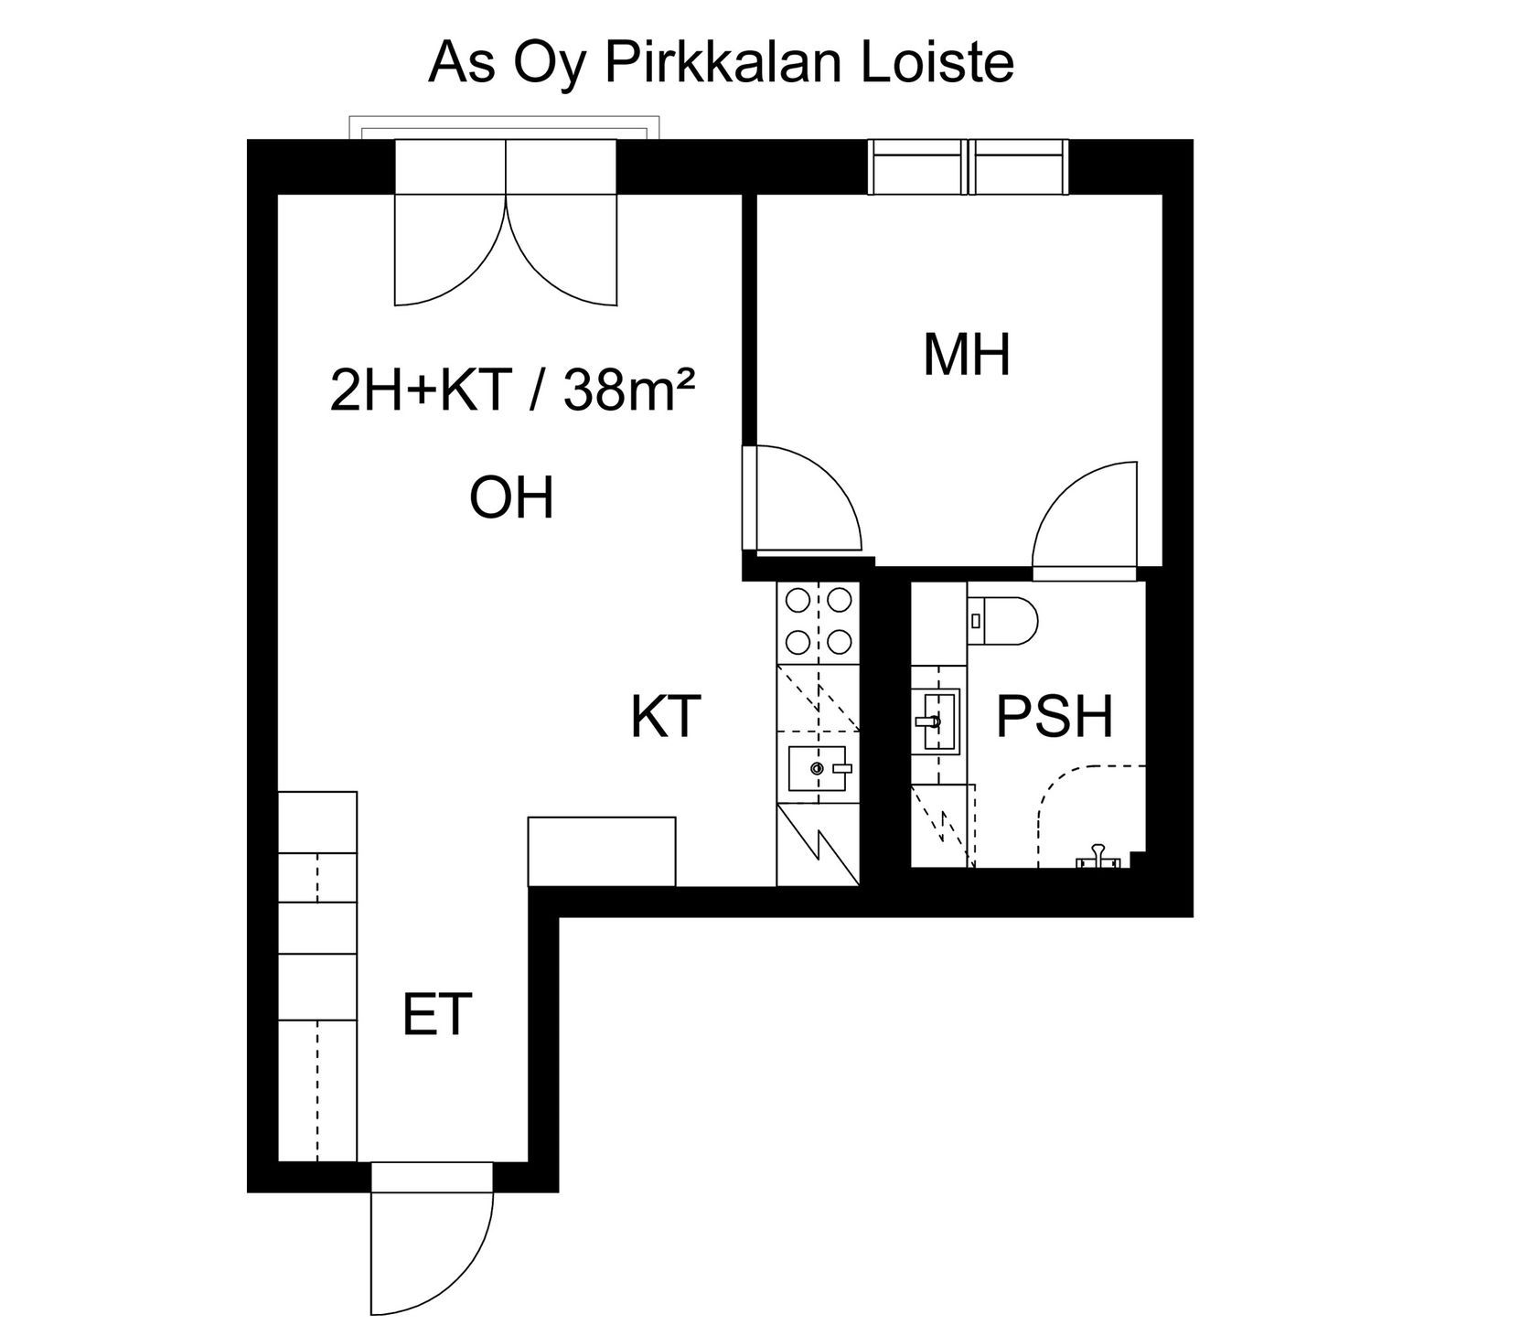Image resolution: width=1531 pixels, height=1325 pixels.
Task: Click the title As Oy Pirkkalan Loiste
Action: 721,62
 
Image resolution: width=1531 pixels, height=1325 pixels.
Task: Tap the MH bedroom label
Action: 967,356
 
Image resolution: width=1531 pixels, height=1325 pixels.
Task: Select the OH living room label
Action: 511,498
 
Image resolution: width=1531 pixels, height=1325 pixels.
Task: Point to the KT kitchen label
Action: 666,717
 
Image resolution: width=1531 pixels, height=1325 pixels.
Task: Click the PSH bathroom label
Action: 1054,717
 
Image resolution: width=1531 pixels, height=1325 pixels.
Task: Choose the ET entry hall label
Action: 437,1014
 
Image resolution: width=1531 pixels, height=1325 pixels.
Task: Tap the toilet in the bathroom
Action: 1003,620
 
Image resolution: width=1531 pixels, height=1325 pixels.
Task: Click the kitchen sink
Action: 819,768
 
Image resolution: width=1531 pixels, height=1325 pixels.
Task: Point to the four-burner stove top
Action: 818,622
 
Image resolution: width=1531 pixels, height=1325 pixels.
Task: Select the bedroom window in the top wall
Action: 967,166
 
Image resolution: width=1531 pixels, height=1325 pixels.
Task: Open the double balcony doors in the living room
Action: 505,247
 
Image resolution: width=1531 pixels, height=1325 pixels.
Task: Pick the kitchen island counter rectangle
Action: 602,851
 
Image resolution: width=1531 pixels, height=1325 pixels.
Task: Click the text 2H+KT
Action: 419,391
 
